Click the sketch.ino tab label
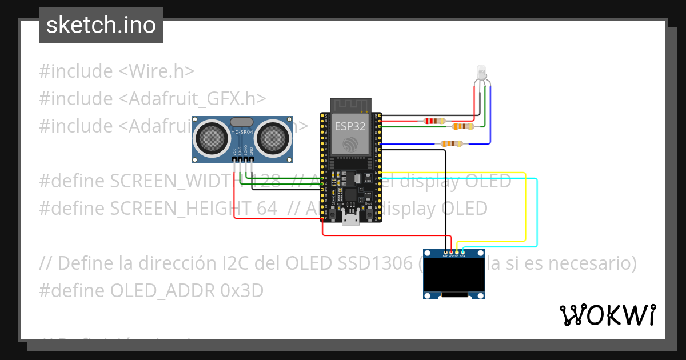[x=101, y=25]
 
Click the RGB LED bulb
[x=482, y=73]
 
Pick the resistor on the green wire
[x=462, y=126]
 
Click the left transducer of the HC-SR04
[x=212, y=137]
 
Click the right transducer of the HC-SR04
[x=272, y=137]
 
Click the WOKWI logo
[x=607, y=315]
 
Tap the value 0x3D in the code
[x=242, y=291]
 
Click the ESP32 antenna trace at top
[x=350, y=106]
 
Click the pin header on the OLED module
[x=454, y=252]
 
